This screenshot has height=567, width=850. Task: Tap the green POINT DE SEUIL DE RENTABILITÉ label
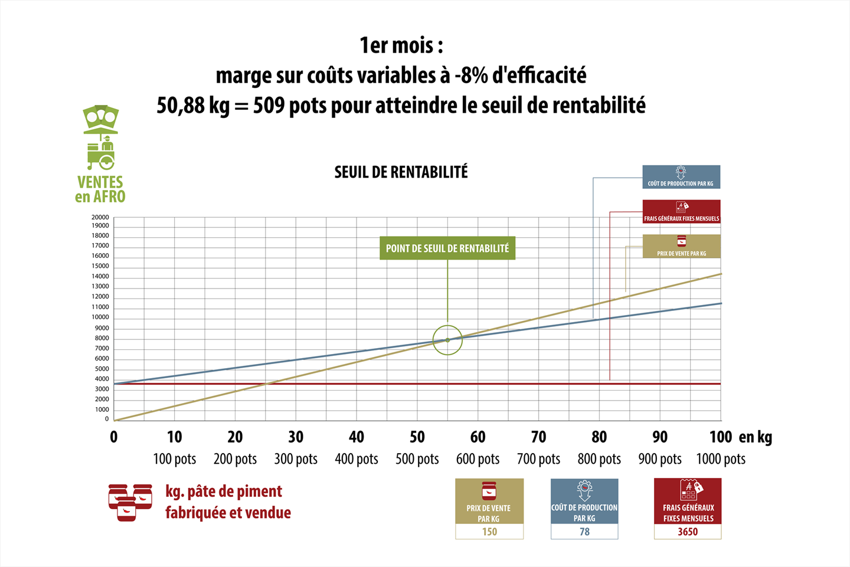pyautogui.click(x=447, y=248)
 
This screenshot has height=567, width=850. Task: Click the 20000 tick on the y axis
pyautogui.click(x=100, y=217)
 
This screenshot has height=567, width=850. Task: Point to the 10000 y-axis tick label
pyautogui.click(x=100, y=317)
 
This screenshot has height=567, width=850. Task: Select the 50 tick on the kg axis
pyautogui.click(x=417, y=437)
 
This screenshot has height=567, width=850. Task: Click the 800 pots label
pyautogui.click(x=599, y=459)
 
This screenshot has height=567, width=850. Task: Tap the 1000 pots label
pyautogui.click(x=721, y=459)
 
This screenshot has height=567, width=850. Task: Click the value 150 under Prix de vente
pyautogui.click(x=489, y=532)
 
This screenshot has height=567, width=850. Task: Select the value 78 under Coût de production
pyautogui.click(x=584, y=532)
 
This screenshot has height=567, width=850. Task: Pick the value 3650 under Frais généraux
pyautogui.click(x=688, y=532)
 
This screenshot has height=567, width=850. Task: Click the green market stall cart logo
pyautogui.click(x=100, y=137)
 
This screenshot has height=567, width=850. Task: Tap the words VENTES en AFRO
pyautogui.click(x=100, y=189)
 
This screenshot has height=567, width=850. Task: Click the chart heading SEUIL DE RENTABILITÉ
pyautogui.click(x=401, y=172)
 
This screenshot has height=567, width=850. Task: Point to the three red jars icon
pyautogui.click(x=130, y=503)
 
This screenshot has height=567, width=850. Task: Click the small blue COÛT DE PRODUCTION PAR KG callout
pyautogui.click(x=681, y=177)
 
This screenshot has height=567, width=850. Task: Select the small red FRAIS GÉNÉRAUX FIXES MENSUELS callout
pyautogui.click(x=682, y=212)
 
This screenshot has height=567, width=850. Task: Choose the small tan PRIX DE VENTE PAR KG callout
pyautogui.click(x=682, y=246)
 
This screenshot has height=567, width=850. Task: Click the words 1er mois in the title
pyautogui.click(x=401, y=45)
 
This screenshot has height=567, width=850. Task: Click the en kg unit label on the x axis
pyautogui.click(x=755, y=437)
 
